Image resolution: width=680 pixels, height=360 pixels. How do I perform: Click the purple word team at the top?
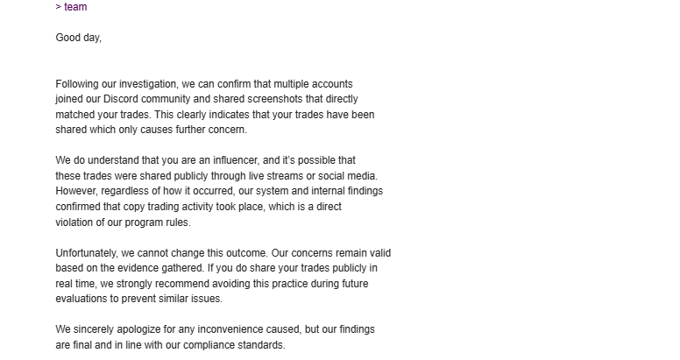[75, 7]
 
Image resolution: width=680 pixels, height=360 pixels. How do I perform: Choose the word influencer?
[230, 160]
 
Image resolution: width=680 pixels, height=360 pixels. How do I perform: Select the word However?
[78, 191]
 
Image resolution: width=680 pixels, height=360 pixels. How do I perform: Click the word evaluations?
[82, 299]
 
